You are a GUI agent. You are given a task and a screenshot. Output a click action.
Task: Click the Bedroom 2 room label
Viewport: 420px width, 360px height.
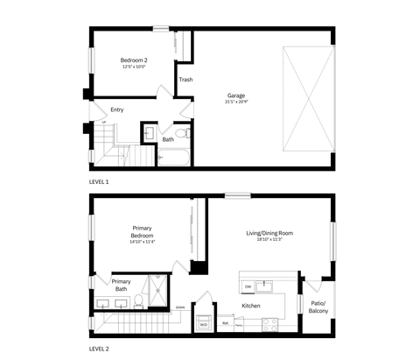pos(133,60)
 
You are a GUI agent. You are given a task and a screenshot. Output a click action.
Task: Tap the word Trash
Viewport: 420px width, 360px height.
pos(185,80)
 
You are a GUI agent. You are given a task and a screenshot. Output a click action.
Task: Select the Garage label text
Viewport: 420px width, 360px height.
pos(235,95)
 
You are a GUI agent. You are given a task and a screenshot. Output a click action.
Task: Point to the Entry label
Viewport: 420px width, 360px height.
pos(117,109)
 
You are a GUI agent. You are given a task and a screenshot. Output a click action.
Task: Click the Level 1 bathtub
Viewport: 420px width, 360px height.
pos(172,159)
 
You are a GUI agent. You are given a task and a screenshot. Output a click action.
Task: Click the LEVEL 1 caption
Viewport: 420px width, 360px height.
pos(99,181)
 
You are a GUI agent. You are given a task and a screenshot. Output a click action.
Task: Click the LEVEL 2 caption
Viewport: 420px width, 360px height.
pos(99,348)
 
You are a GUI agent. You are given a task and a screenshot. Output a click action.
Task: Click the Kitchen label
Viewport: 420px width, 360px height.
pos(252,306)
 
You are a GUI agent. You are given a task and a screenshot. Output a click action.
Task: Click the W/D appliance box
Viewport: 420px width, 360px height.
pos(204,324)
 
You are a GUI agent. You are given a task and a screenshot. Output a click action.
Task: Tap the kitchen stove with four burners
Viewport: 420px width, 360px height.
pos(269,323)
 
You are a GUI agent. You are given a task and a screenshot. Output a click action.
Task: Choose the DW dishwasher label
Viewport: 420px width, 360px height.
pos(248,286)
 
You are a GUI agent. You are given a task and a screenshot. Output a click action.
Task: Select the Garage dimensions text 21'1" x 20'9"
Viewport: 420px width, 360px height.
pos(235,102)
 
